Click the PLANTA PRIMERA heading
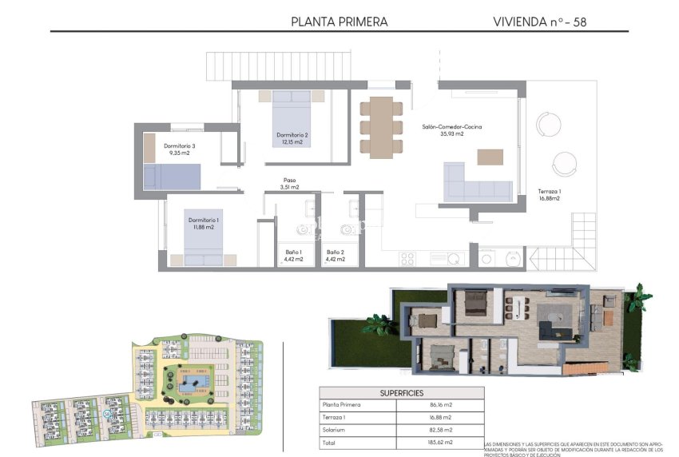click(339, 22)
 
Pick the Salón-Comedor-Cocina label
click(451, 130)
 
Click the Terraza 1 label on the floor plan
click(549, 195)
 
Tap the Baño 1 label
click(294, 256)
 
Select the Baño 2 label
click(336, 256)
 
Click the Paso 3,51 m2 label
click(289, 184)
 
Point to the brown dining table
click(381, 126)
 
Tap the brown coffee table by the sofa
click(491, 157)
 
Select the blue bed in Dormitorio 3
click(172, 177)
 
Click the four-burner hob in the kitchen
click(407, 258)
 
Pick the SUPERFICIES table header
click(402, 393)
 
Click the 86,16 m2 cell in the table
click(439, 406)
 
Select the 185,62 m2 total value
click(439, 442)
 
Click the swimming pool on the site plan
click(192, 386)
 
